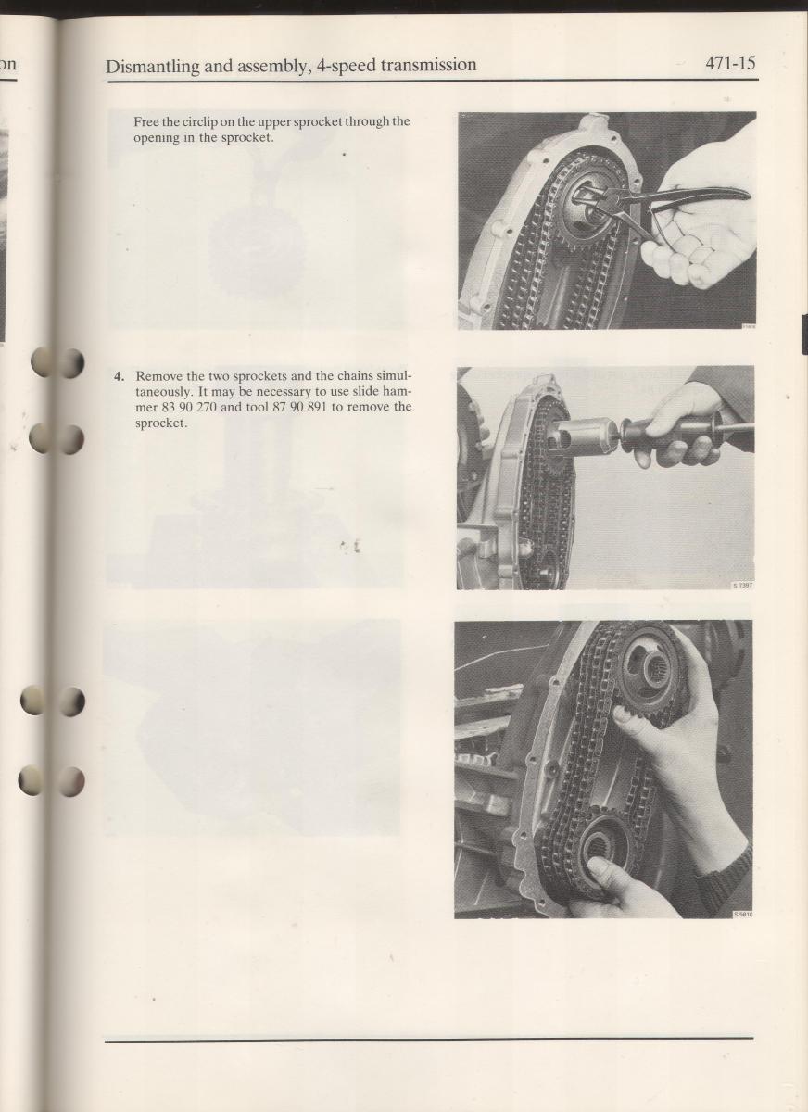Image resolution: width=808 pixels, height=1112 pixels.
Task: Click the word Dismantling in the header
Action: (x=152, y=66)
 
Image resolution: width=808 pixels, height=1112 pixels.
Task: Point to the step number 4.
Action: (x=119, y=376)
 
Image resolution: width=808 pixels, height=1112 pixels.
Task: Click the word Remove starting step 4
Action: (x=157, y=376)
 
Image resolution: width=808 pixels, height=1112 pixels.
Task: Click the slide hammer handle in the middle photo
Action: (x=685, y=435)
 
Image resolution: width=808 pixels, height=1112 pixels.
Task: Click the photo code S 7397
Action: (x=742, y=586)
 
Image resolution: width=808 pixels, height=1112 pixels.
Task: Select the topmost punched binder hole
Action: (x=57, y=362)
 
